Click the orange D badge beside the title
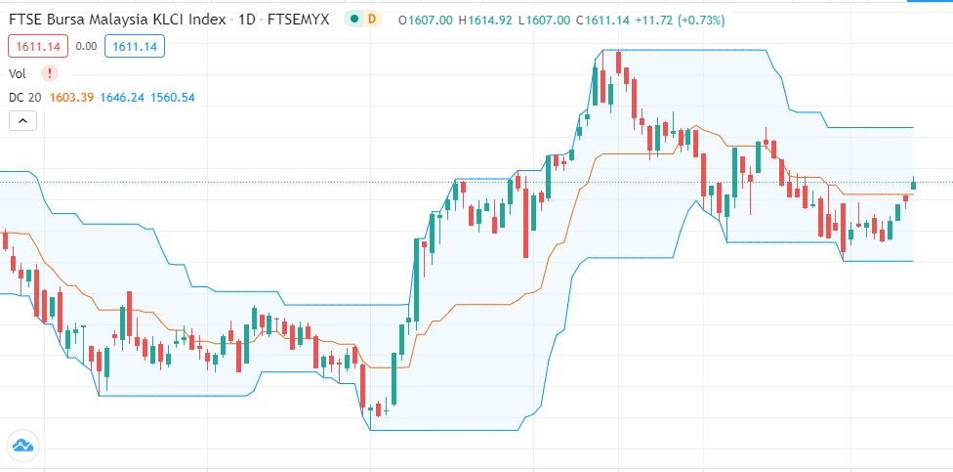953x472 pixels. tap(371, 20)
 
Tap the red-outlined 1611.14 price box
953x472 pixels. tap(35, 45)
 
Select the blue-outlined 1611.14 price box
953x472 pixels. tap(138, 45)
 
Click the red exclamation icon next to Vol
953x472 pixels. tap(49, 72)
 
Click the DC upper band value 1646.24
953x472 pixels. tap(122, 97)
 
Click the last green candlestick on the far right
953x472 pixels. tap(914, 184)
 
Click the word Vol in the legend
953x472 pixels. tap(18, 72)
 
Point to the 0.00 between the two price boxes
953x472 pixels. tap(87, 45)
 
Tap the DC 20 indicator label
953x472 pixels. tap(23, 97)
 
